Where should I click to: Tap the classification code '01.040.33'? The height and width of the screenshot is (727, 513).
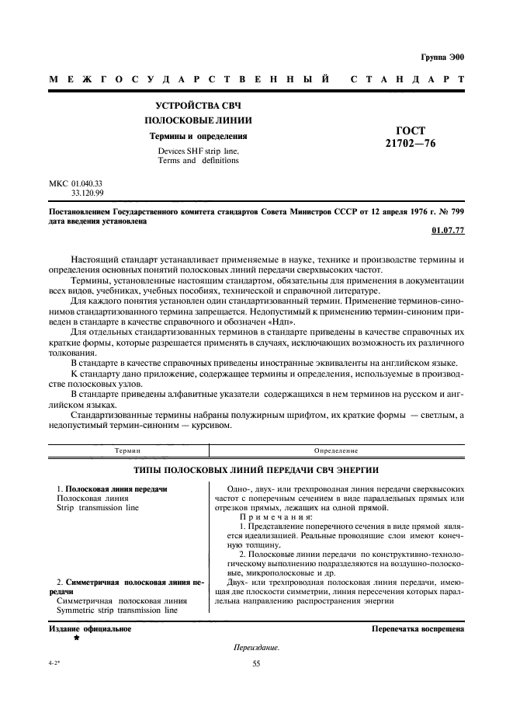[88, 183]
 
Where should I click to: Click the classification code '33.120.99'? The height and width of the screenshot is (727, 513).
[88, 193]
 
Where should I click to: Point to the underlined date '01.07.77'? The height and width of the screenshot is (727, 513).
[447, 231]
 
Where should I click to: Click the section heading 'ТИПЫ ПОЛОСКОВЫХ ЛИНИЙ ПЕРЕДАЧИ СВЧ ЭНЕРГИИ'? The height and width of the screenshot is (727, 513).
[256, 471]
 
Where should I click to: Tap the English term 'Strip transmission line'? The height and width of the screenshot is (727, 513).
[98, 507]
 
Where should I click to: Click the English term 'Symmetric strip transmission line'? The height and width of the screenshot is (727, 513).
[117, 610]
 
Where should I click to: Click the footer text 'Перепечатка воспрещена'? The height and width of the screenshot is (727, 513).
[418, 628]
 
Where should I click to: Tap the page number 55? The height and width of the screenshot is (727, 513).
[256, 663]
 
